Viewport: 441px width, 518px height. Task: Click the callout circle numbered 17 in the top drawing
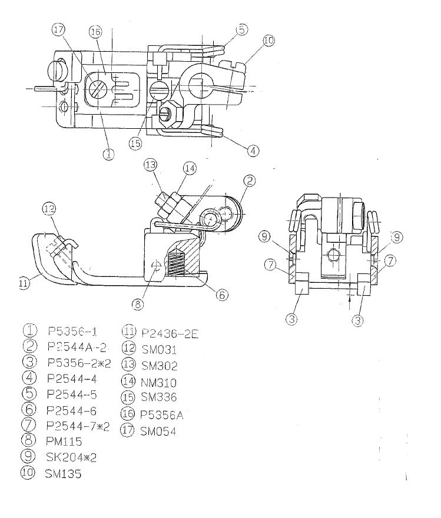point(58,30)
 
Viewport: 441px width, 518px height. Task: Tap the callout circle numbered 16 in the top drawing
point(95,32)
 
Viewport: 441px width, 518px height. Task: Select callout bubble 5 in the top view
point(242,29)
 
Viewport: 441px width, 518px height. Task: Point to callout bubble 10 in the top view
point(269,41)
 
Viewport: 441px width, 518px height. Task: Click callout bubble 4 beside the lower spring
point(253,151)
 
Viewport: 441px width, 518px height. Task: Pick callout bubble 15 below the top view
point(135,143)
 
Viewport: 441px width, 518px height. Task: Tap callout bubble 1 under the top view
point(108,153)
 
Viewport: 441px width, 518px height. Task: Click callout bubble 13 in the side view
point(151,165)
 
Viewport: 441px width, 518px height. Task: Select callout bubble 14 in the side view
point(190,169)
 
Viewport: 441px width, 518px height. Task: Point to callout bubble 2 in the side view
point(250,181)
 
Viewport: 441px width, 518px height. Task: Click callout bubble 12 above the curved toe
point(49,209)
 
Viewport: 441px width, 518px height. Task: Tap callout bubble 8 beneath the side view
point(138,304)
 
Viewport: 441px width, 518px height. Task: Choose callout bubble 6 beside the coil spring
point(222,295)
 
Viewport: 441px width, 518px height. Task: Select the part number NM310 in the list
point(158,383)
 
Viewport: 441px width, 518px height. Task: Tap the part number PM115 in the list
point(64,442)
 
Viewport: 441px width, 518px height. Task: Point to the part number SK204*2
point(71,457)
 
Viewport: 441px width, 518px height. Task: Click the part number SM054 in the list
point(158,431)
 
